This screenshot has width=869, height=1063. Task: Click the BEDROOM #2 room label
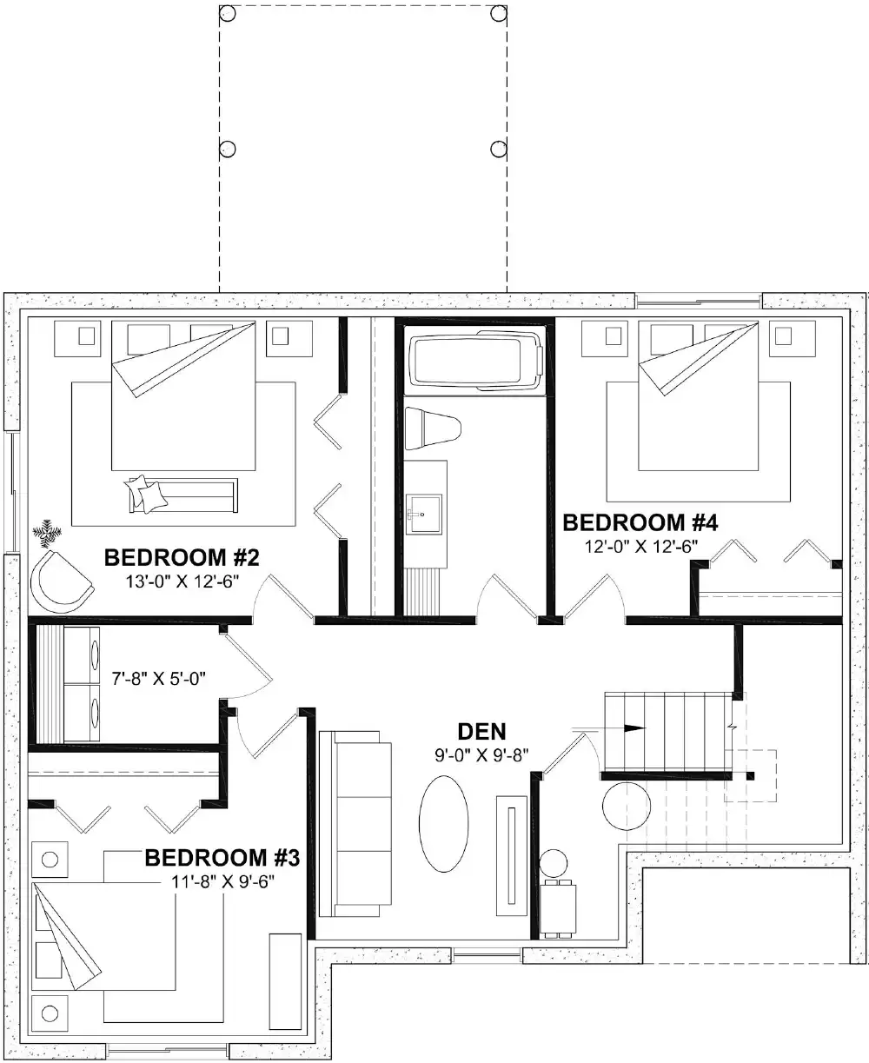(x=182, y=557)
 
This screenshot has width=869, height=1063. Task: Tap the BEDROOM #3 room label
(x=222, y=859)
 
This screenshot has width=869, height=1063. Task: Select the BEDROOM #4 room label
(x=640, y=523)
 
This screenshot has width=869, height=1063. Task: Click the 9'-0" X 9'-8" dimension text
(x=482, y=754)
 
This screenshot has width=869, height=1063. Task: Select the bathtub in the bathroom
(x=475, y=359)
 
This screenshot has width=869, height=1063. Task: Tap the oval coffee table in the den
(x=444, y=823)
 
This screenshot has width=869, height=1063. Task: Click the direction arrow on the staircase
(x=634, y=727)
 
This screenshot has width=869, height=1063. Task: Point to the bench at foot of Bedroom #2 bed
(x=182, y=495)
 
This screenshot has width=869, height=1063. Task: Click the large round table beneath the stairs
(x=626, y=807)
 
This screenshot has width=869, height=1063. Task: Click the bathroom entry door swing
(x=507, y=597)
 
